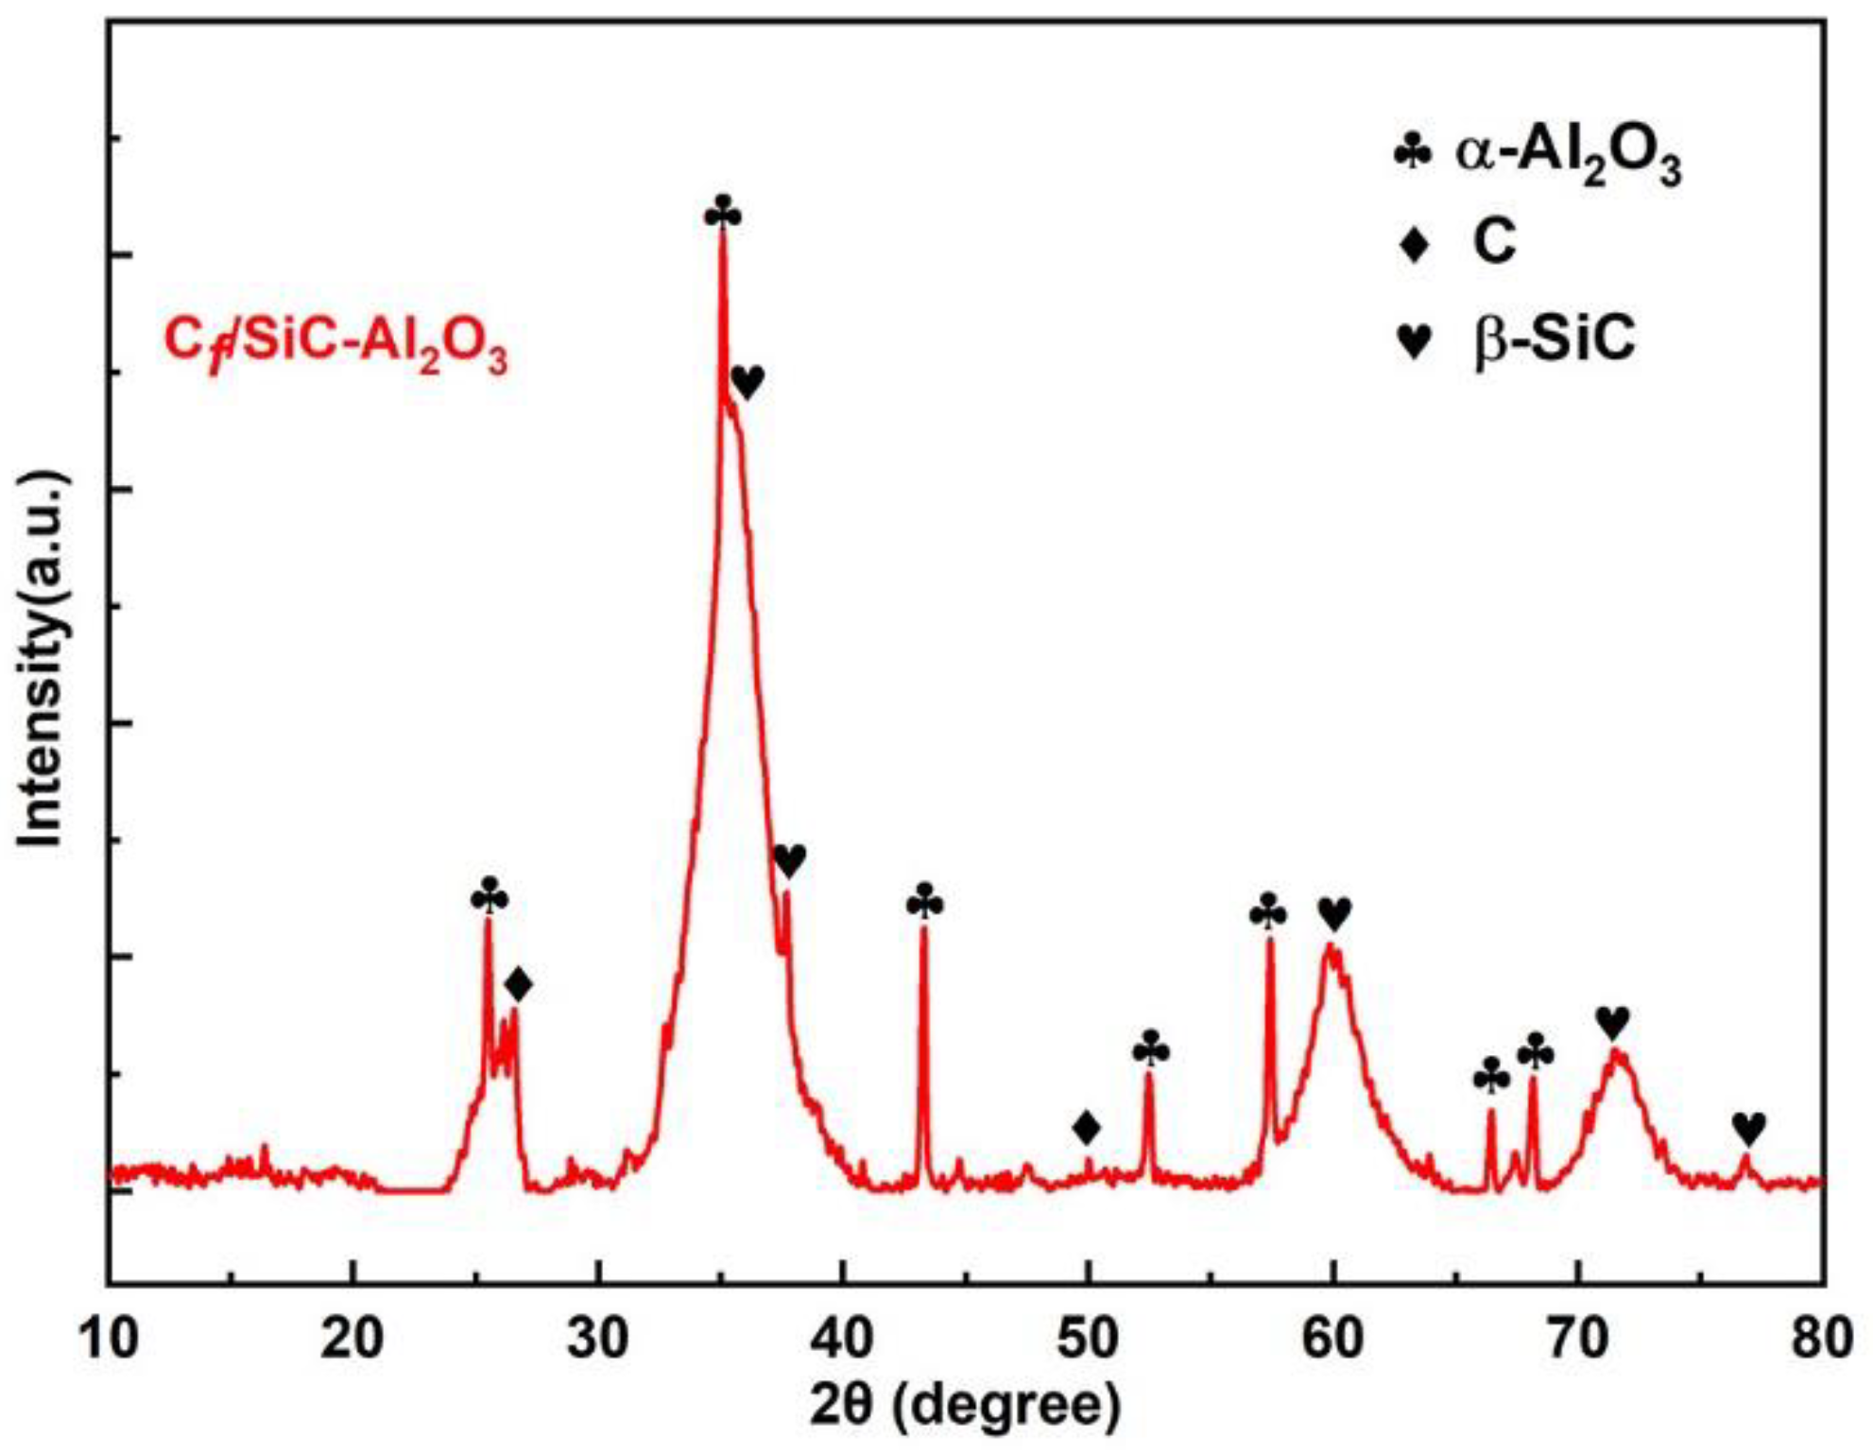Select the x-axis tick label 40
click(844, 1339)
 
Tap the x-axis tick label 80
click(1822, 1339)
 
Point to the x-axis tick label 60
click(1332, 1339)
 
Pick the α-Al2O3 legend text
click(1569, 155)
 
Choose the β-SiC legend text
click(1555, 339)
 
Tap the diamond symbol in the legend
click(1415, 245)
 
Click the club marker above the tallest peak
click(723, 214)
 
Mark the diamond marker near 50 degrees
click(1087, 1127)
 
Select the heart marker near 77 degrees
click(1749, 1127)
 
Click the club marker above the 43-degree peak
click(924, 902)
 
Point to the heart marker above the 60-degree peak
click(1334, 913)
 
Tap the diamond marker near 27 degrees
click(518, 985)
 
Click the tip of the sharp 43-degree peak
click(923, 929)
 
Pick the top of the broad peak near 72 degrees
click(1617, 1052)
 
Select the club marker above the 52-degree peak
click(1150, 1050)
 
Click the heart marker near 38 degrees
click(789, 860)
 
